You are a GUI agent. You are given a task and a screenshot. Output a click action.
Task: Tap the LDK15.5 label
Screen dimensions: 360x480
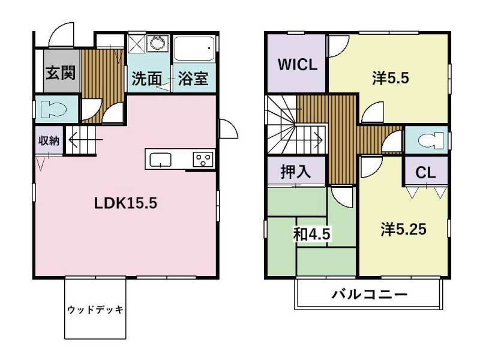tap(125, 203)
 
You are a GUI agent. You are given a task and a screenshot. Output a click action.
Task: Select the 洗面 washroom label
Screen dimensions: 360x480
tap(146, 79)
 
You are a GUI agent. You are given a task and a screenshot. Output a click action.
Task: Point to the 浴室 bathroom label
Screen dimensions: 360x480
tap(194, 79)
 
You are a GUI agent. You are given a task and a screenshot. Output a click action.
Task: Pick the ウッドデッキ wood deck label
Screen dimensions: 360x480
tap(95, 310)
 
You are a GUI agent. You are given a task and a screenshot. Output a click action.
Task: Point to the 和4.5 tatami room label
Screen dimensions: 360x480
tap(311, 234)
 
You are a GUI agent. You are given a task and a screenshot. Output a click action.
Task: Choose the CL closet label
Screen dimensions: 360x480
tap(425, 173)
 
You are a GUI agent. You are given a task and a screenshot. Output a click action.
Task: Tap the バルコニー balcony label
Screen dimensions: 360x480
tap(370, 295)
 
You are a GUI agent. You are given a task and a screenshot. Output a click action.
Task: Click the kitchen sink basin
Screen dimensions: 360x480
tap(161, 160)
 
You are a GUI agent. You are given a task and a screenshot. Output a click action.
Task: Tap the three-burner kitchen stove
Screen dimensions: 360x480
tap(202, 160)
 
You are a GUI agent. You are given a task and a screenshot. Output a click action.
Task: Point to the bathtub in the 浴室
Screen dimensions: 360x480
tap(194, 48)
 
